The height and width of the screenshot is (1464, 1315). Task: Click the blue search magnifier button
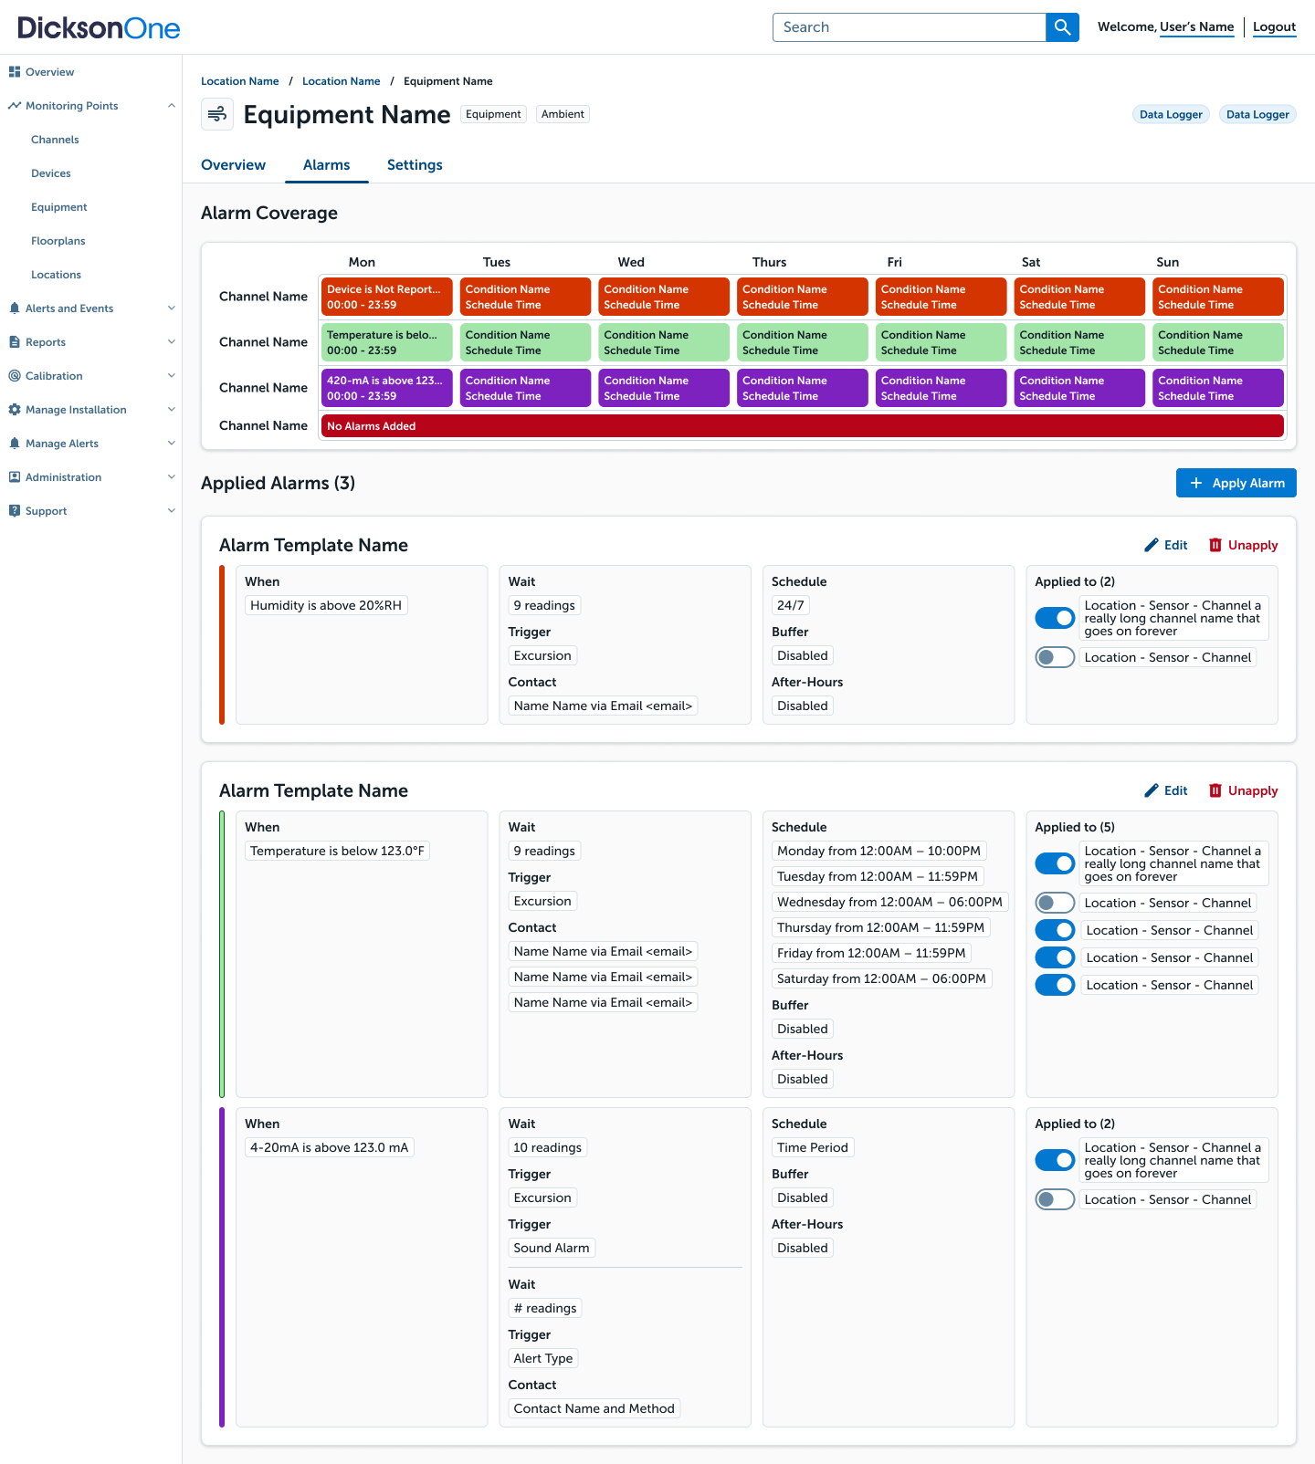pos(1062,27)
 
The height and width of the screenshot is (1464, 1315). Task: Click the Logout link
pos(1274,27)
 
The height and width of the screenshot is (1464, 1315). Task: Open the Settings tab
pos(415,165)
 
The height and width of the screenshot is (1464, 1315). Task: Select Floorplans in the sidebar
pos(58,241)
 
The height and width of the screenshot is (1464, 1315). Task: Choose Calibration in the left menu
pos(54,376)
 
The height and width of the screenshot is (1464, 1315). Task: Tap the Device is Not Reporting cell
pos(387,297)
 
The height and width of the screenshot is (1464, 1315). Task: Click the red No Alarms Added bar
pos(803,426)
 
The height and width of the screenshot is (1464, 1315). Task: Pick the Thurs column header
pos(769,262)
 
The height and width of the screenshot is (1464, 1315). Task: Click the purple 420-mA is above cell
pos(387,388)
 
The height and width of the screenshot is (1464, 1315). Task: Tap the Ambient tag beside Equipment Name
pos(563,114)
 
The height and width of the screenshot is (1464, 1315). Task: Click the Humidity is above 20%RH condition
pos(326,605)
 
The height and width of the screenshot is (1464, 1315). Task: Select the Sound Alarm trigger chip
pos(552,1248)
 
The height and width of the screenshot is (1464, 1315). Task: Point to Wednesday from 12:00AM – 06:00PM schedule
pos(889,902)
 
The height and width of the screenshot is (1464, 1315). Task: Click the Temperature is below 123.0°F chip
pos(337,851)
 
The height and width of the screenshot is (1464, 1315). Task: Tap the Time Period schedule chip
pos(813,1147)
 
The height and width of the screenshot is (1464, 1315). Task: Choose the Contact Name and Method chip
pos(594,1408)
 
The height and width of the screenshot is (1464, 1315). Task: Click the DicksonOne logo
pos(99,27)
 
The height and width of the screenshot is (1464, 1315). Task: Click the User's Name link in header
pos(1197,27)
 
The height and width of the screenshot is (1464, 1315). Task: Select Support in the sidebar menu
pos(47,511)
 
